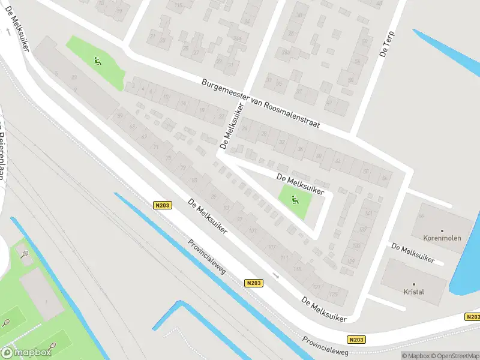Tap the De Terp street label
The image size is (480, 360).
386,44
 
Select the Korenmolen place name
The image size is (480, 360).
442,238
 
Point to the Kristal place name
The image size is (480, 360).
414,292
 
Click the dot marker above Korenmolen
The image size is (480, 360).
442,230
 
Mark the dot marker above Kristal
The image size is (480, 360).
414,284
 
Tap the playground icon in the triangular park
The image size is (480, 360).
295,200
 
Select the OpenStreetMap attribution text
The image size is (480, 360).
453,356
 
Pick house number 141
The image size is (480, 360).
368,214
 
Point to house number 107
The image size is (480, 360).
272,247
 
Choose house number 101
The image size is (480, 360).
252,230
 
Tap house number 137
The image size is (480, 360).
361,229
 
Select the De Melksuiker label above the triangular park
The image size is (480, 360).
300,184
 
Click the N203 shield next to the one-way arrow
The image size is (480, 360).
254,282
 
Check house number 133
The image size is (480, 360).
356,245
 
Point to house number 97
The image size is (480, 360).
239,219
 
